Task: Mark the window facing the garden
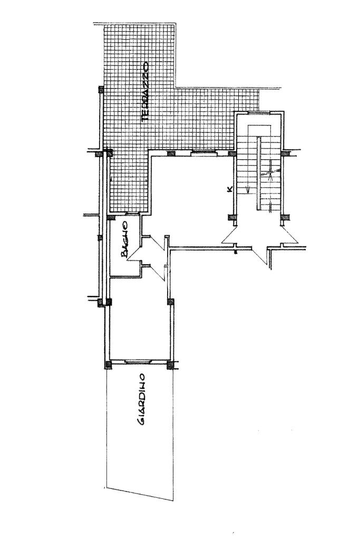(139, 362)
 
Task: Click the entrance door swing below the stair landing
(261, 257)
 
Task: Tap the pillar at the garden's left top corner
(108, 364)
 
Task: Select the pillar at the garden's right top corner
(170, 364)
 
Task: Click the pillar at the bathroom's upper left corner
(110, 217)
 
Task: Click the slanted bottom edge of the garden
(140, 494)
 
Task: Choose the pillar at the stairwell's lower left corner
(231, 217)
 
